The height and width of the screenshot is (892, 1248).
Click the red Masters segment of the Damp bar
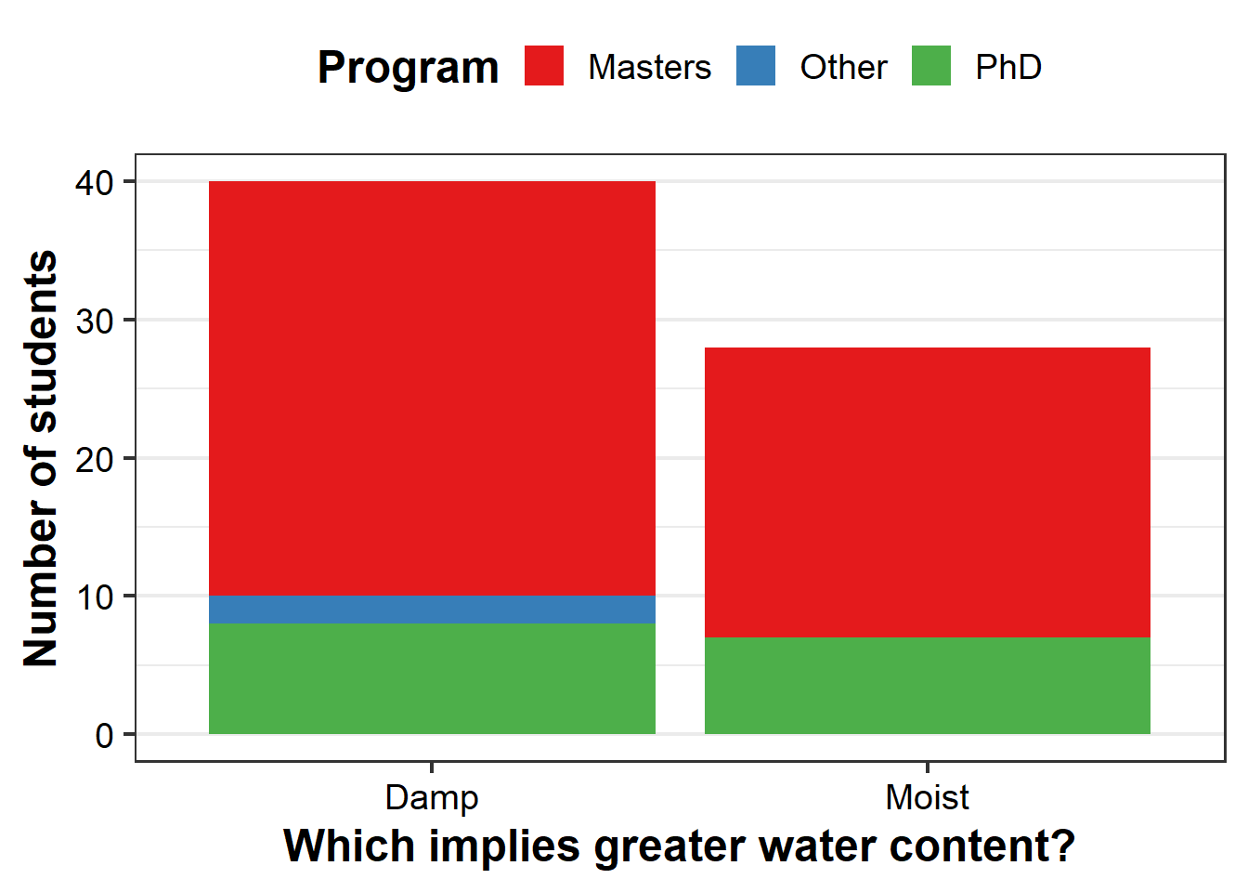tap(432, 388)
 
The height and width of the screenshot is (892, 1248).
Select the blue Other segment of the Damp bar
tap(432, 610)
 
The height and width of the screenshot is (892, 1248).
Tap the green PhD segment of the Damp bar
tap(432, 678)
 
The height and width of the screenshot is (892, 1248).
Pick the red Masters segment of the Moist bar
tap(928, 492)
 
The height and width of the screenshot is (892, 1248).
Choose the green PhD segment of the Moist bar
tap(928, 686)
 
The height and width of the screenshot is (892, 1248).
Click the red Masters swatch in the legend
tap(544, 66)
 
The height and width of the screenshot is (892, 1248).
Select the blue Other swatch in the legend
tap(756, 66)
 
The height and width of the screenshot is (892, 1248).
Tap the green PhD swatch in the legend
tap(931, 66)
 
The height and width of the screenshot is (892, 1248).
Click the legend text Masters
tap(650, 68)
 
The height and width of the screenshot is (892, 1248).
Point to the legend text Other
tap(843, 68)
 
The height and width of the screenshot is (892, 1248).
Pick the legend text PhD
tap(1008, 68)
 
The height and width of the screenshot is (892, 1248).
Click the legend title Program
tap(408, 69)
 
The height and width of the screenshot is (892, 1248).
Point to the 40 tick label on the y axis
tap(95, 183)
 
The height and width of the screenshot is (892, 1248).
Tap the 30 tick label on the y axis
tap(95, 321)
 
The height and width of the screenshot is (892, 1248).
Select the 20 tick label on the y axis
tap(95, 460)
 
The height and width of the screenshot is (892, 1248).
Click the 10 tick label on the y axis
tap(95, 597)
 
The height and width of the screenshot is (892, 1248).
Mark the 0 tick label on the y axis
tap(104, 736)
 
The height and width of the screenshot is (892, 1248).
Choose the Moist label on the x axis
tap(928, 798)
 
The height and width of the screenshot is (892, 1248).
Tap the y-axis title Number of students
tap(41, 458)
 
